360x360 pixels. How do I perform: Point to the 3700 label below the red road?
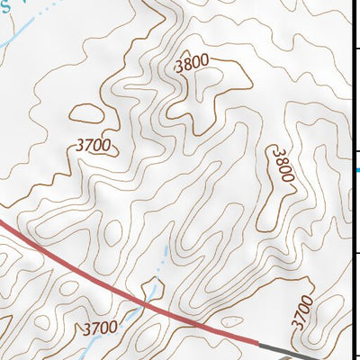click(x=99, y=328)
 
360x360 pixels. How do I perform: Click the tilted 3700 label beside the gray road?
click(x=303, y=311)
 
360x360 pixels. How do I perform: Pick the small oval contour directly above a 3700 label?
click(x=88, y=113)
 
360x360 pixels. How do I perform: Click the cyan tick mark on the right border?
click(x=357, y=169)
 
